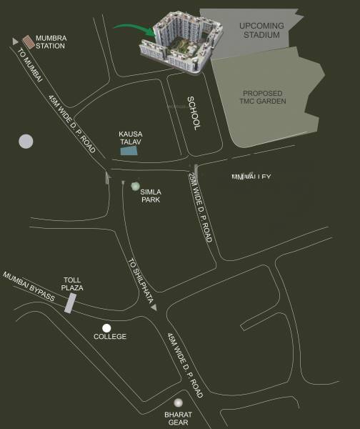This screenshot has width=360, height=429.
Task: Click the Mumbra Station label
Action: click(51, 41)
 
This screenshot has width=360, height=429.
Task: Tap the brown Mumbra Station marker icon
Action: click(27, 41)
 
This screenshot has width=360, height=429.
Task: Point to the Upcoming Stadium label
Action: click(262, 30)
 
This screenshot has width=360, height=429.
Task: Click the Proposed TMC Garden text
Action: click(264, 98)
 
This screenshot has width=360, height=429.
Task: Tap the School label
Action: click(192, 113)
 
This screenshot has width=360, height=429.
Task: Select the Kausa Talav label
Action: click(132, 138)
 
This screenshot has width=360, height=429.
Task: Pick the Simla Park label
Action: click(150, 195)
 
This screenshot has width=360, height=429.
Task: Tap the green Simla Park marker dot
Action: click(136, 186)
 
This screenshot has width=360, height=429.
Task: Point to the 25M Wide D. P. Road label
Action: click(201, 207)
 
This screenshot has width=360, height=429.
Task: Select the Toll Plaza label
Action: click(73, 284)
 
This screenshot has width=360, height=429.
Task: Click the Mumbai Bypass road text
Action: click(29, 286)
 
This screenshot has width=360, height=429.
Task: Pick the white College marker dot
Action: click(106, 327)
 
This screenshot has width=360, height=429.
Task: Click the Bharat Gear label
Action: click(179, 417)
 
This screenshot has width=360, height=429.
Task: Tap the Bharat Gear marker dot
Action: click(178, 403)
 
